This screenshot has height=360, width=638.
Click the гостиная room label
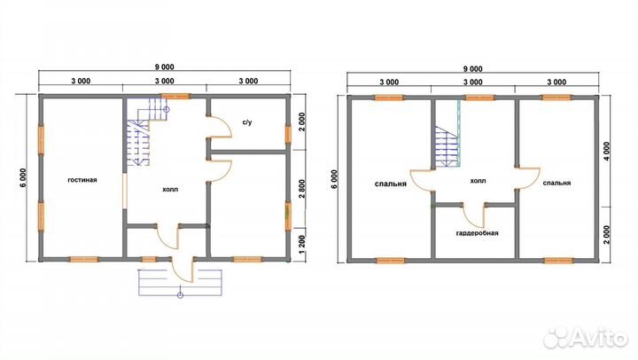pos(82,180)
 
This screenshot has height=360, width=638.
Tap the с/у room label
pos(247,121)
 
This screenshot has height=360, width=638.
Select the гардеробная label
pos(478,233)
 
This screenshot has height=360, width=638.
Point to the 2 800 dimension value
pos(302,189)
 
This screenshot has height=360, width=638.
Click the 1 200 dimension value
pos(302,245)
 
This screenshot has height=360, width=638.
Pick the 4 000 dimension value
pos(607,152)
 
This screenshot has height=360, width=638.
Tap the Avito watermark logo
pos(586,337)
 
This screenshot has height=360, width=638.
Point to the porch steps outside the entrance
pos(180,282)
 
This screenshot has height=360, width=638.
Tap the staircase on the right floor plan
pos(447,146)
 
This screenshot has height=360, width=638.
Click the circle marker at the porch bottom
pos(180,295)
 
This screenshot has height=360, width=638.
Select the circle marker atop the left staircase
pos(167,109)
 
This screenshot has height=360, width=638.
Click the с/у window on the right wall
pos(288,135)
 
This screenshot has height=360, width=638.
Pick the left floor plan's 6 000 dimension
pos(23,177)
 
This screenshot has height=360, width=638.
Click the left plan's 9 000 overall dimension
pos(165,67)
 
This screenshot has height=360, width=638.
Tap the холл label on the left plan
pos(170,190)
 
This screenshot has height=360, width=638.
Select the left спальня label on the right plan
pos(390,184)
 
